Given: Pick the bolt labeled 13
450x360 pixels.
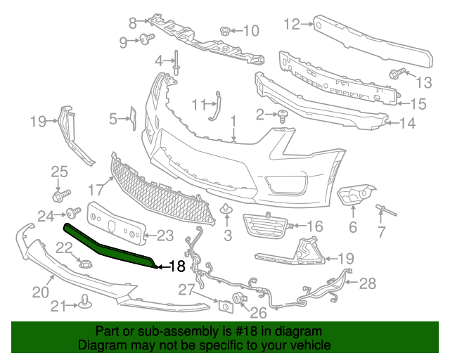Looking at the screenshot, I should (394, 72).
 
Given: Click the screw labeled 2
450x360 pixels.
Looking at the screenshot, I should (283, 115).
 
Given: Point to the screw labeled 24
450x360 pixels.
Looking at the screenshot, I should (72, 212).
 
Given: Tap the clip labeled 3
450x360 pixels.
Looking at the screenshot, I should (226, 210).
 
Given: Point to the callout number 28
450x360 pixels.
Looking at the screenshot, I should (368, 283).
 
